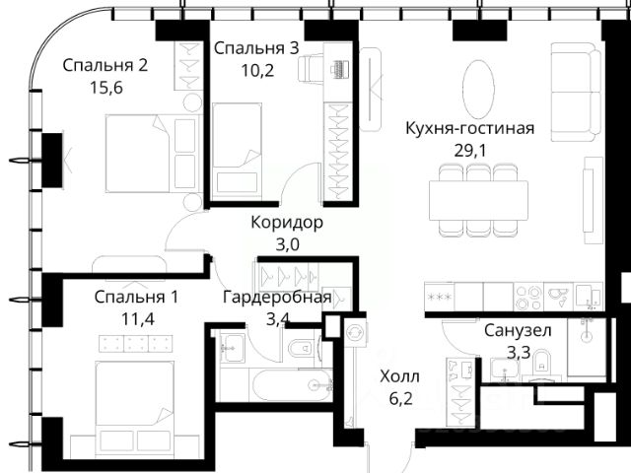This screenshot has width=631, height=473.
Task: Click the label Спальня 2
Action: [x=105, y=65]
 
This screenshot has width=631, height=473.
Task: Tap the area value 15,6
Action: [x=106, y=88]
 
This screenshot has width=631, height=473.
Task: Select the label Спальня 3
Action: [x=256, y=48]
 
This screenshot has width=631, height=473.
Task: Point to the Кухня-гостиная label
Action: [x=470, y=128]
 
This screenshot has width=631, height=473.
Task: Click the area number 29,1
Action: [x=470, y=151]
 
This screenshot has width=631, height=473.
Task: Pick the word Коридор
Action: [x=287, y=222]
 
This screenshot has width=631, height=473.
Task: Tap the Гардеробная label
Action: [x=277, y=298]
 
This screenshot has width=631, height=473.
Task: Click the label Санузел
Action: [x=518, y=331]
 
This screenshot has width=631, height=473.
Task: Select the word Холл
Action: [x=399, y=376]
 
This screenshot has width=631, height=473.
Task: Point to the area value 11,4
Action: [x=138, y=319]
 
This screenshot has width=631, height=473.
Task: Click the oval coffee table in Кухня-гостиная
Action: [x=478, y=89]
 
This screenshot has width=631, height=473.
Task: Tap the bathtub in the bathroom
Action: [x=291, y=385]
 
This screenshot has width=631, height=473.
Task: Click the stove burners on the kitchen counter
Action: [x=528, y=297]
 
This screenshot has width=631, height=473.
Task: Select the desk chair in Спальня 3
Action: [x=311, y=68]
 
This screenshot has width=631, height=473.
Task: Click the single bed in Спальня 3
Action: [x=237, y=150]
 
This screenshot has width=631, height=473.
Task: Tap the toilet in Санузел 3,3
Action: [x=542, y=363]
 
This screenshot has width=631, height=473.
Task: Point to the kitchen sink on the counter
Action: [x=559, y=297]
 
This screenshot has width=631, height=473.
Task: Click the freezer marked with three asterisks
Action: [x=440, y=297]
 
